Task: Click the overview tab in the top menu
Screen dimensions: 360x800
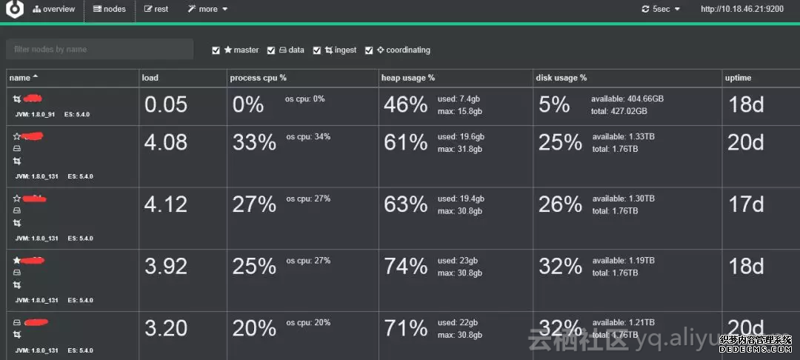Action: tap(54, 9)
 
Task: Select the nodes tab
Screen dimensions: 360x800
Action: tap(110, 9)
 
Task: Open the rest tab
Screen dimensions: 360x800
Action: tap(156, 9)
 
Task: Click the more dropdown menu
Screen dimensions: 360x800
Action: tap(207, 9)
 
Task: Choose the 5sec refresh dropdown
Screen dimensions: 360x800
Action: tap(661, 9)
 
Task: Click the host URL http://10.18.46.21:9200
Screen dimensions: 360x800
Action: tap(741, 9)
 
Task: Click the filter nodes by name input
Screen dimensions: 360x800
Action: tap(99, 50)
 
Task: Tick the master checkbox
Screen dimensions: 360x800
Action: tap(216, 50)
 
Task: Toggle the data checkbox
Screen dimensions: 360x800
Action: tap(271, 50)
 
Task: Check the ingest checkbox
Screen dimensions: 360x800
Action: tap(317, 50)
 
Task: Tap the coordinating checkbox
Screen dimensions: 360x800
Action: tap(369, 50)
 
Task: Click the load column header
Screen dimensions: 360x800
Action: tap(150, 78)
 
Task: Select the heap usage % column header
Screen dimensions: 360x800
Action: tap(408, 78)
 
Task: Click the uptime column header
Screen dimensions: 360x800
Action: tap(739, 78)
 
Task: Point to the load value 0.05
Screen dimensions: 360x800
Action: tap(166, 105)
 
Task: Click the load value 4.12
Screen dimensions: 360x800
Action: tap(166, 204)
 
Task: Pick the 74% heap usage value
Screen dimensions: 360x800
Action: tap(405, 267)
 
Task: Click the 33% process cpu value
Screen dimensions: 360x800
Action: tap(254, 142)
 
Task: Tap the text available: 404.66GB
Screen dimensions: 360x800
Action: tap(627, 99)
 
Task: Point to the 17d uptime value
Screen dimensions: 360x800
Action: tap(745, 204)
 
